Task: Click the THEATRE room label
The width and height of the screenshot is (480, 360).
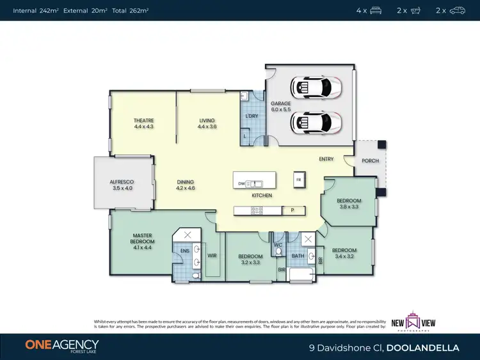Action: (143, 123)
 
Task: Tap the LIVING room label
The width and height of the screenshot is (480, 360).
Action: (207, 123)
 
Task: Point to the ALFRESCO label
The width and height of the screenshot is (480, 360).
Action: (121, 185)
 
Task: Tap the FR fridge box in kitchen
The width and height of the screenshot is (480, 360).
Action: (298, 180)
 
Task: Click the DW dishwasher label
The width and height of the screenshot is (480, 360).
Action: (241, 184)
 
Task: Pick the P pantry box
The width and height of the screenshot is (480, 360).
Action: (292, 210)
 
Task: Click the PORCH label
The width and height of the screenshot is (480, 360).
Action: (370, 161)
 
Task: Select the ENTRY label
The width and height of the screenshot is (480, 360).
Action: (326, 159)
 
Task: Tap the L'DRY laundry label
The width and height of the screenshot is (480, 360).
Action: (252, 116)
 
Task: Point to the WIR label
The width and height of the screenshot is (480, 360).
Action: (212, 255)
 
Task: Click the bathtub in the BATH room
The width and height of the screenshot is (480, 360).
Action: (301, 275)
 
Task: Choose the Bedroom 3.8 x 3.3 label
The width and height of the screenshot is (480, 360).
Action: (349, 203)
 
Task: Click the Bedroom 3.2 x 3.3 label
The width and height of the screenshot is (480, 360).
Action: (250, 258)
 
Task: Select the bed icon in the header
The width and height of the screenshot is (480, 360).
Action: (376, 10)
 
